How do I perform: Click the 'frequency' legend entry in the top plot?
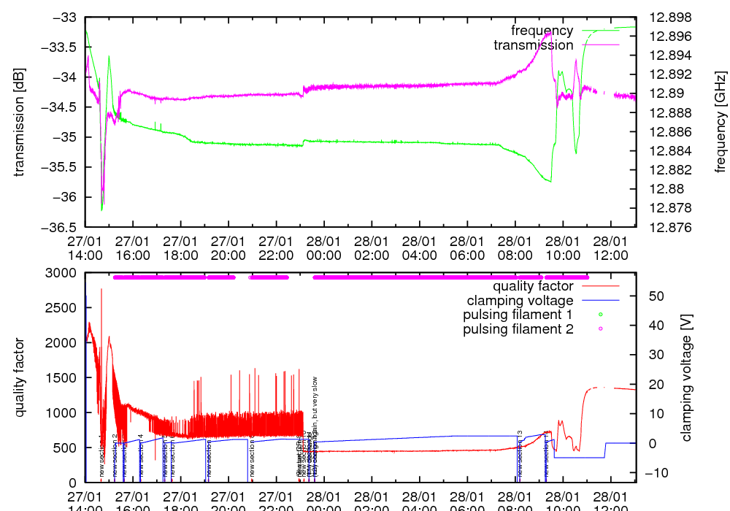(542, 31)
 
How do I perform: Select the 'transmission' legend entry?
(534, 45)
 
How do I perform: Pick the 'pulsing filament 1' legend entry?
(518, 315)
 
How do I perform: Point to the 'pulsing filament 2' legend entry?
(518, 329)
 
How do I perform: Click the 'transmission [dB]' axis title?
(20, 122)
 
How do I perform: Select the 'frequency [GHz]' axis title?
(721, 122)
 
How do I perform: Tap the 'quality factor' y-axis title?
(20, 377)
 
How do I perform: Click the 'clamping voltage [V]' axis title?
(685, 377)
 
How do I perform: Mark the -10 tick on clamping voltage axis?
(651, 472)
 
